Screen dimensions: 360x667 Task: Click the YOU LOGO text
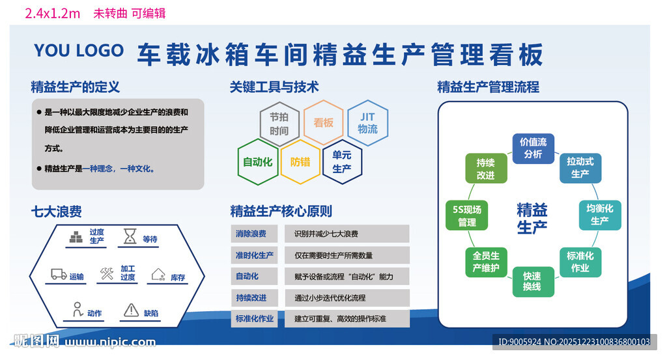click(x=78, y=51)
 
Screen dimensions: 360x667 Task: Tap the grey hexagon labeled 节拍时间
click(x=279, y=123)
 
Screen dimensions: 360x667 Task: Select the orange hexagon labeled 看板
click(x=323, y=122)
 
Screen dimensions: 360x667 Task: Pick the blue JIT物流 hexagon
click(x=367, y=122)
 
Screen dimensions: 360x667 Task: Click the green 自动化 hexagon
click(x=257, y=162)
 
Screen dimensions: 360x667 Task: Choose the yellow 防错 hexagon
click(x=300, y=162)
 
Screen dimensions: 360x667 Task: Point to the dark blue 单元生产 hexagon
click(x=342, y=162)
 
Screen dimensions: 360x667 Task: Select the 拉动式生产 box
click(x=580, y=167)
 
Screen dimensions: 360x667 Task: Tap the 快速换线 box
click(x=532, y=281)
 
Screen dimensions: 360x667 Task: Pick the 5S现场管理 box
click(x=467, y=216)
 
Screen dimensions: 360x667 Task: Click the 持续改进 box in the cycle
click(x=485, y=169)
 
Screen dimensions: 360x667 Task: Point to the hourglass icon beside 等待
click(x=131, y=237)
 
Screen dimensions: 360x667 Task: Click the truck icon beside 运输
click(x=59, y=275)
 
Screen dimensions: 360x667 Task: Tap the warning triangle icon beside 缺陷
click(x=131, y=311)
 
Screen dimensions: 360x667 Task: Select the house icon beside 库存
click(x=158, y=275)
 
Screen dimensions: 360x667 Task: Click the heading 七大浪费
click(x=56, y=211)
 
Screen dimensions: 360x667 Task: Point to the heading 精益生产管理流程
click(x=488, y=87)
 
